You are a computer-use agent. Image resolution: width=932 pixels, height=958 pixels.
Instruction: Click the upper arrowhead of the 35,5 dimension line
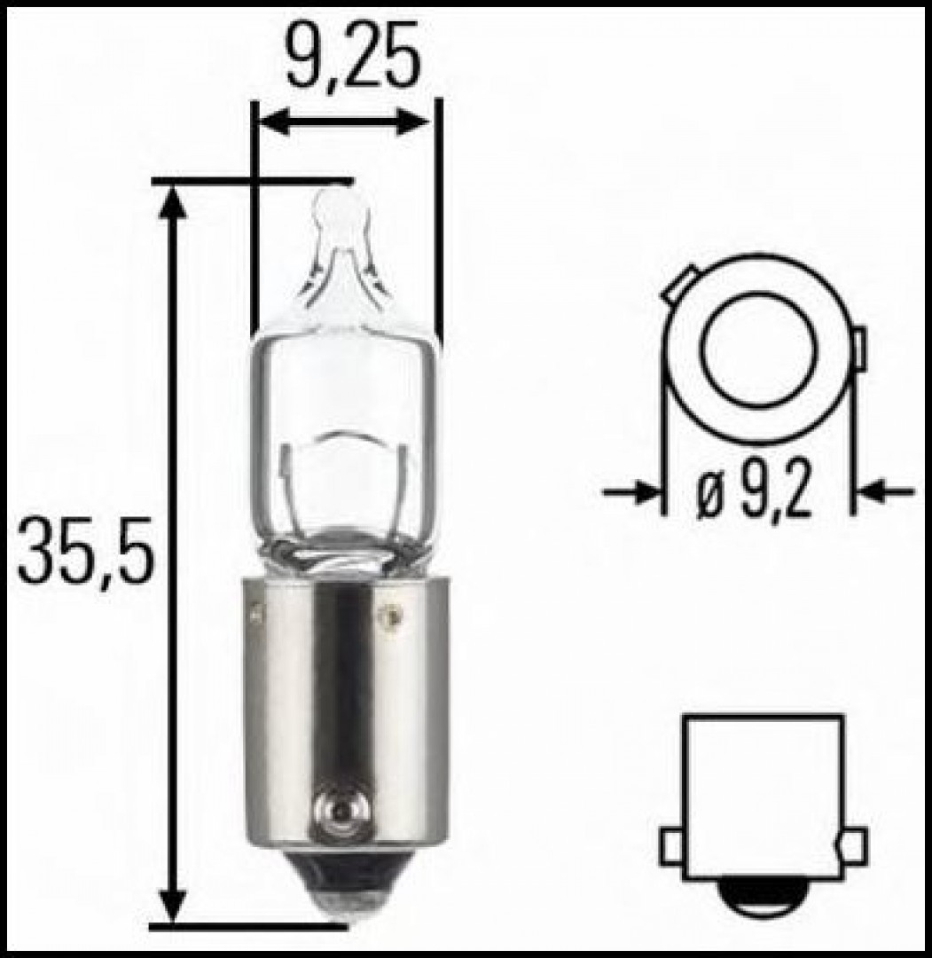(x=174, y=204)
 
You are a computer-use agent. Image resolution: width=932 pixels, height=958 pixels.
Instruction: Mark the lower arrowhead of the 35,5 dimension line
(x=174, y=905)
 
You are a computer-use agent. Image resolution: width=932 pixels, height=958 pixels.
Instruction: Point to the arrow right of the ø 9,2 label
(x=887, y=491)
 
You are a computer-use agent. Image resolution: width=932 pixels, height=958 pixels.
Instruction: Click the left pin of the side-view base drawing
(x=671, y=846)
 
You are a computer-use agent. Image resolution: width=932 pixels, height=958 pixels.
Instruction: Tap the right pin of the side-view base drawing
(x=854, y=846)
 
